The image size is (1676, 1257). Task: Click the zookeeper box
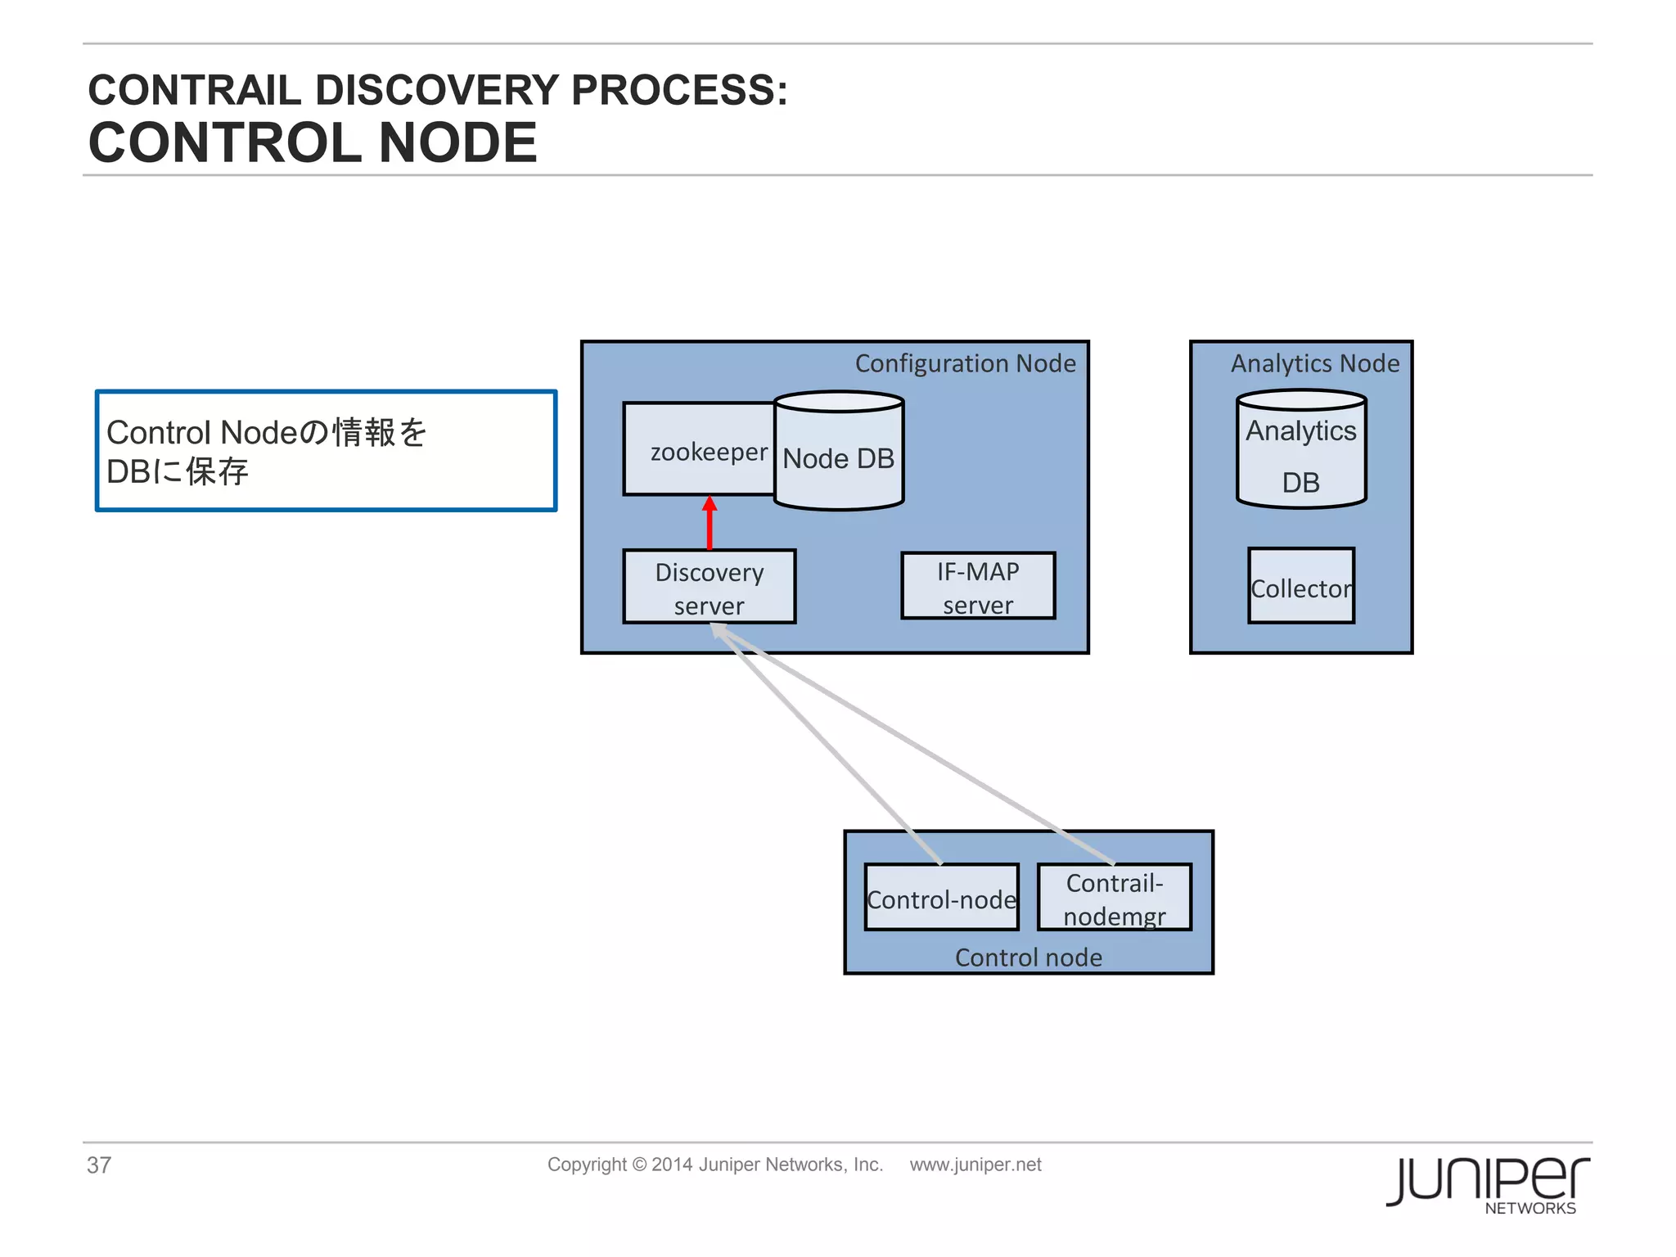click(x=700, y=449)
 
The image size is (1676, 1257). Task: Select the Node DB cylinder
click(x=839, y=454)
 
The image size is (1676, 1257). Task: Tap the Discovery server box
click(x=709, y=587)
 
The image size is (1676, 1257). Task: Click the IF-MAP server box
click(x=978, y=586)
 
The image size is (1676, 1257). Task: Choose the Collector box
click(x=1301, y=587)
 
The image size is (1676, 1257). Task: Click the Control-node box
click(x=941, y=898)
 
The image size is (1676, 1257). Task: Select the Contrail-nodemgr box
click(x=1115, y=898)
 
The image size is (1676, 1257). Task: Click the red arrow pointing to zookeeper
click(x=710, y=524)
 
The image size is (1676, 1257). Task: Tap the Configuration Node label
click(x=965, y=363)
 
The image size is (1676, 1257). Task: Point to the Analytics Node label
click(x=1314, y=363)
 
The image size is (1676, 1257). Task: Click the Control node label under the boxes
click(x=1028, y=957)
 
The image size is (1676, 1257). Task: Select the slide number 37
click(x=99, y=1165)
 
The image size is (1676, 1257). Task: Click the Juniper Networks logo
click(x=1488, y=1183)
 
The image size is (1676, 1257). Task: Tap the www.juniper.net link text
click(x=975, y=1165)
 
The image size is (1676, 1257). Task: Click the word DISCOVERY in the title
click(x=437, y=90)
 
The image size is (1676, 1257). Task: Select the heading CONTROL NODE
click(x=313, y=142)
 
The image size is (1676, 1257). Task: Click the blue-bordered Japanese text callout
click(x=326, y=451)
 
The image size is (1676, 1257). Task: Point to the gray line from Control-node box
click(x=827, y=745)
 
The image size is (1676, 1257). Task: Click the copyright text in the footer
click(x=714, y=1165)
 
